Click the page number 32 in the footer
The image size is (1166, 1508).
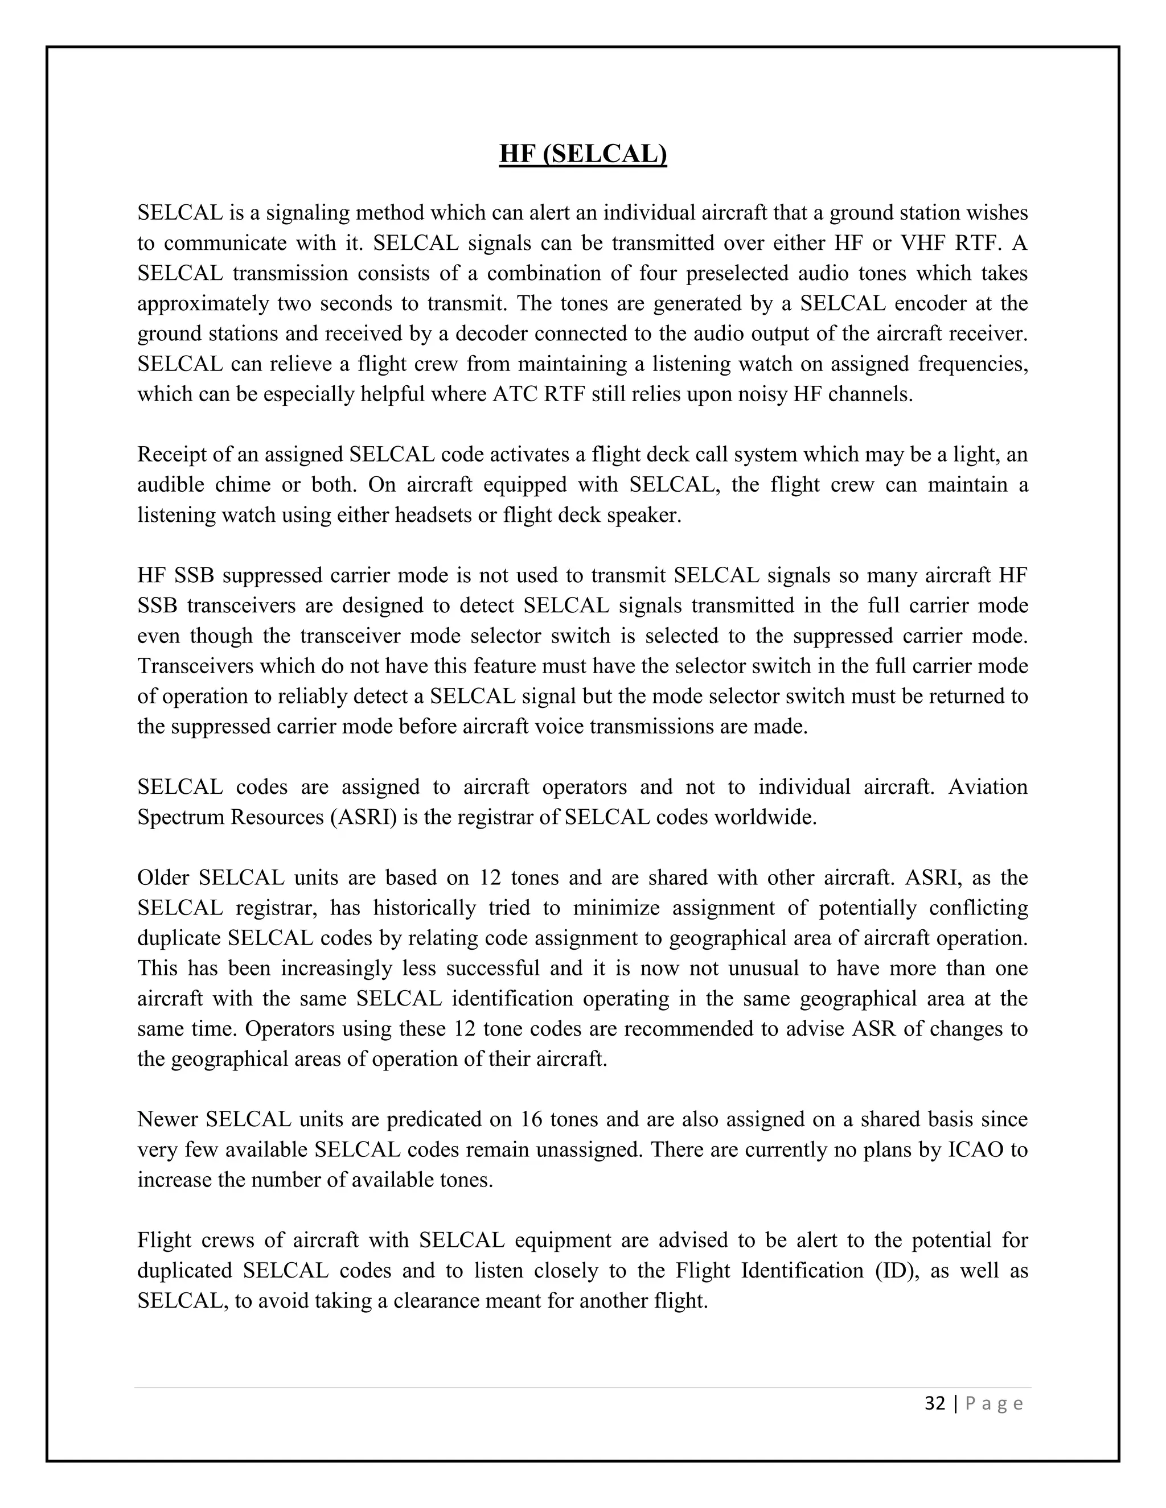[935, 1403]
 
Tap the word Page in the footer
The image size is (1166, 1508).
[994, 1403]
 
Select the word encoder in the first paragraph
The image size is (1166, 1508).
[922, 303]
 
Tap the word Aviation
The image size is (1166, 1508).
[988, 786]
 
